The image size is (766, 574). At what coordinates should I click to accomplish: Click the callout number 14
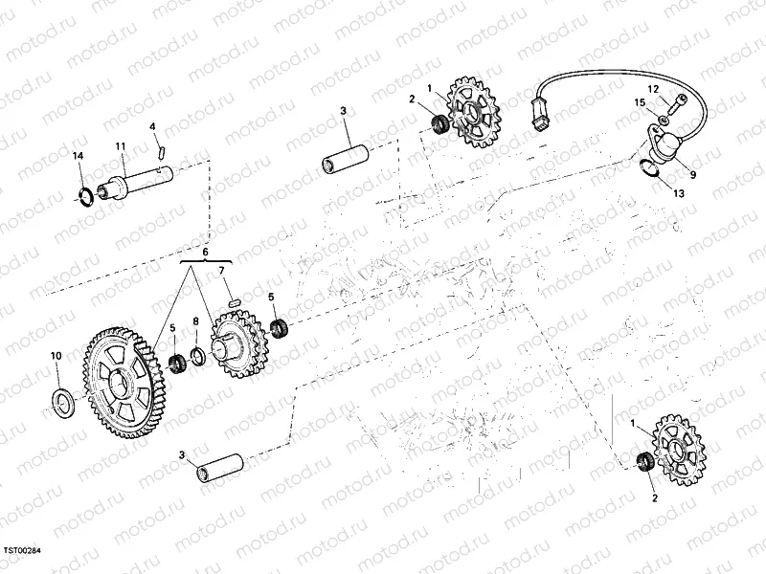tap(79, 156)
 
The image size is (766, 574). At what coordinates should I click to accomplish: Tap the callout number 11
tap(121, 146)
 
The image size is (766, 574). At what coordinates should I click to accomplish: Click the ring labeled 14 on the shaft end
tap(85, 197)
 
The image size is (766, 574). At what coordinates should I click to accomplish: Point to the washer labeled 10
tap(63, 403)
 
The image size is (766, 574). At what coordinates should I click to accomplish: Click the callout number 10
tap(56, 356)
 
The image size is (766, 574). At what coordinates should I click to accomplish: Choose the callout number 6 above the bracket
tap(206, 253)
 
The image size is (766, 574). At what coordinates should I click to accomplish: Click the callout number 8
tap(196, 321)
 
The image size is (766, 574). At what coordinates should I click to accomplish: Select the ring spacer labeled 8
tap(198, 358)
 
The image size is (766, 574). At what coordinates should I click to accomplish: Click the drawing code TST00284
tap(22, 550)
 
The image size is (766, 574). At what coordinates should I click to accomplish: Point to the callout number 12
tap(654, 89)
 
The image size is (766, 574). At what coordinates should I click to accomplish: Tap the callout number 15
tap(640, 102)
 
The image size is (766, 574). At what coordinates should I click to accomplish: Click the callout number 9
tap(692, 175)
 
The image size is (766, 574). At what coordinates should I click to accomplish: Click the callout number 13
tap(679, 194)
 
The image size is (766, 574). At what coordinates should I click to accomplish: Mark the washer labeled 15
tap(662, 119)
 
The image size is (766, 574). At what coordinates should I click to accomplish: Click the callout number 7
tap(221, 271)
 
